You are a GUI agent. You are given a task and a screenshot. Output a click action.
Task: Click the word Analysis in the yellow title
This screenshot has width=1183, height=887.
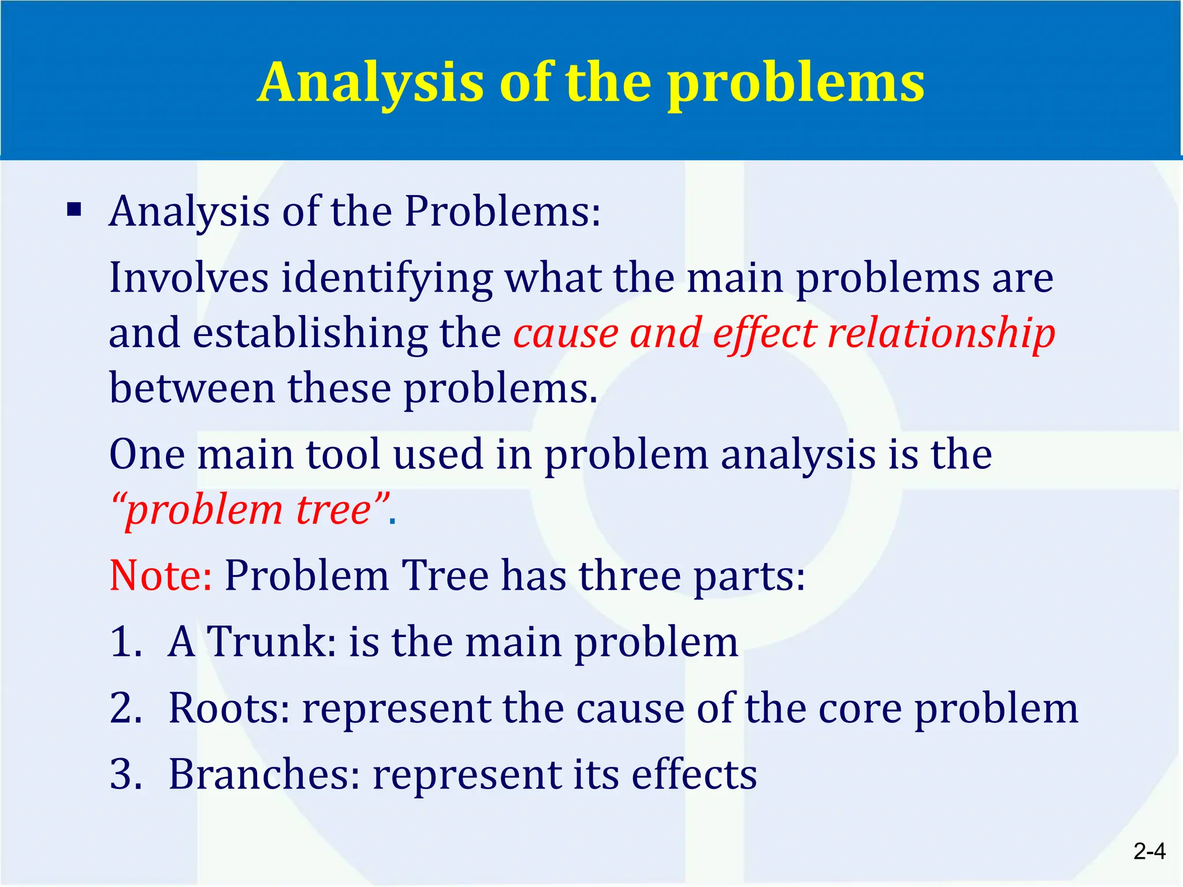pos(370,83)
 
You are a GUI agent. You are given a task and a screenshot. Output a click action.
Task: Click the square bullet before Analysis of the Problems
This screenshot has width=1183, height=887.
pos(74,209)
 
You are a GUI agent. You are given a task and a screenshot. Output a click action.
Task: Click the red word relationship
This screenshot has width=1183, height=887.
pos(941,334)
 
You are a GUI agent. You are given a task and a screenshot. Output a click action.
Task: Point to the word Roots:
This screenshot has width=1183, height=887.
pos(229,708)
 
